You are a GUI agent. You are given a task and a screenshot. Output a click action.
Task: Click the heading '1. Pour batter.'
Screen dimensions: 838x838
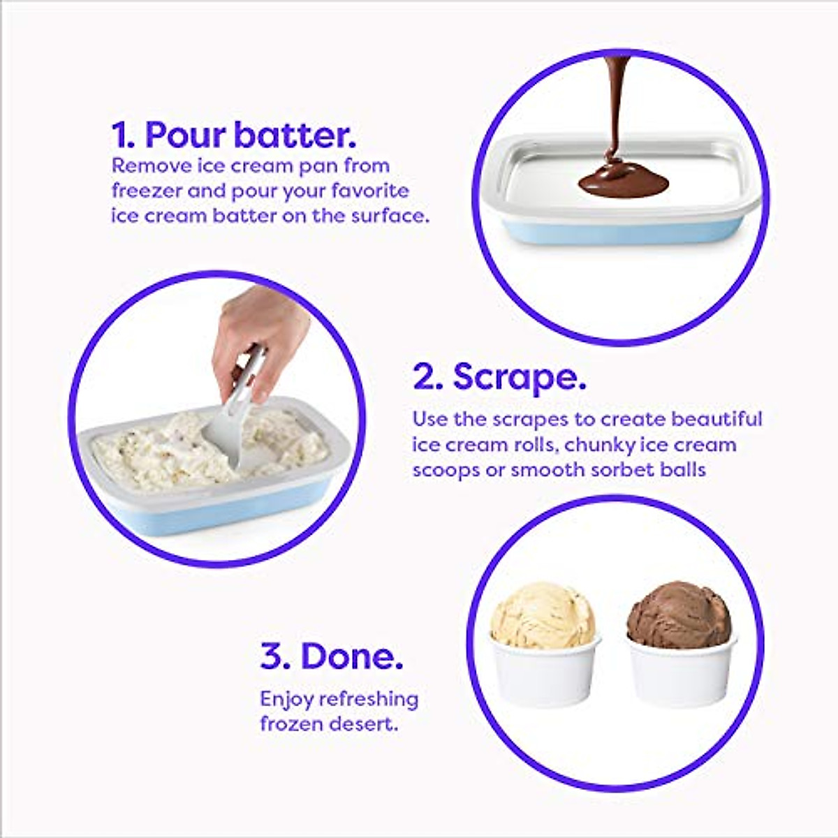[x=234, y=135]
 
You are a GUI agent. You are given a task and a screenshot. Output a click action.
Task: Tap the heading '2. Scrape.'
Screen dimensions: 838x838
[x=499, y=377]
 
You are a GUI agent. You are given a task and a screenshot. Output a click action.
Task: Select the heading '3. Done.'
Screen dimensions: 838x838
[x=332, y=656]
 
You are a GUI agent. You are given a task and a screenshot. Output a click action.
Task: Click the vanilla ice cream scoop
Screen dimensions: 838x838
[x=543, y=615]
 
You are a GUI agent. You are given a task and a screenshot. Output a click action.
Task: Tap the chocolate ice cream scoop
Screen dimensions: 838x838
[x=678, y=615]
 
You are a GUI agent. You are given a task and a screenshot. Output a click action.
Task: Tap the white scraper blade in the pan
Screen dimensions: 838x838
[x=227, y=440]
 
